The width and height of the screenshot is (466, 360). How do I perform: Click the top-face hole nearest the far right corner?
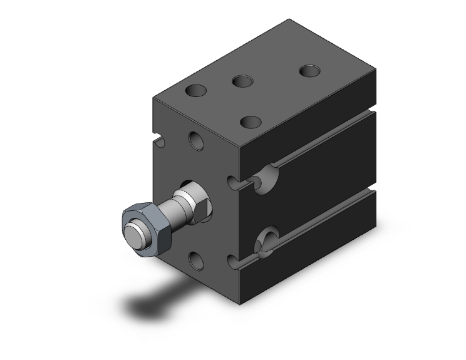(309, 71)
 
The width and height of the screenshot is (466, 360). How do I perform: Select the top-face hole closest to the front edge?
(251, 121)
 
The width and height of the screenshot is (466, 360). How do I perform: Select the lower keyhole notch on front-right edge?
(233, 260)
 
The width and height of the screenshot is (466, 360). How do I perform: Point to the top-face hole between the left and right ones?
(242, 81)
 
